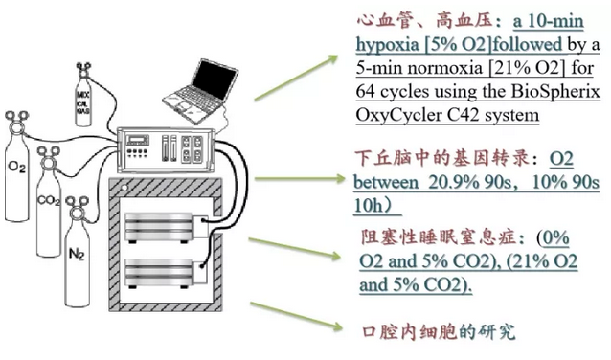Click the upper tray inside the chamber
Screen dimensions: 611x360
click(158, 226)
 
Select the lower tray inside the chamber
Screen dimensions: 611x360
click(158, 272)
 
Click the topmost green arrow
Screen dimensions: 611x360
click(296, 79)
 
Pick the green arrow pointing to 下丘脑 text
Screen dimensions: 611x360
click(299, 179)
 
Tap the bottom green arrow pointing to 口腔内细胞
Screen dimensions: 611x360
click(296, 317)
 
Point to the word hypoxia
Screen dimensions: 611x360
click(387, 45)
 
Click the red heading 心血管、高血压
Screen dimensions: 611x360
click(425, 21)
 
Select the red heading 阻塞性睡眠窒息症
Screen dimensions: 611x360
click(438, 237)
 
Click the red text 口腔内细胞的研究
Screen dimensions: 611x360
click(440, 332)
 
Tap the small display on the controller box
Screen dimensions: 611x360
click(138, 139)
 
